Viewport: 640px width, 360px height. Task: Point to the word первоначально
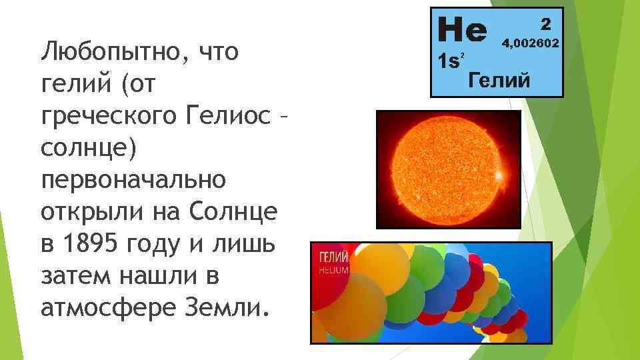click(133, 180)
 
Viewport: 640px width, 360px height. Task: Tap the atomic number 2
click(545, 24)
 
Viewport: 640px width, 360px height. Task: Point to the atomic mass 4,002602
click(531, 44)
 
